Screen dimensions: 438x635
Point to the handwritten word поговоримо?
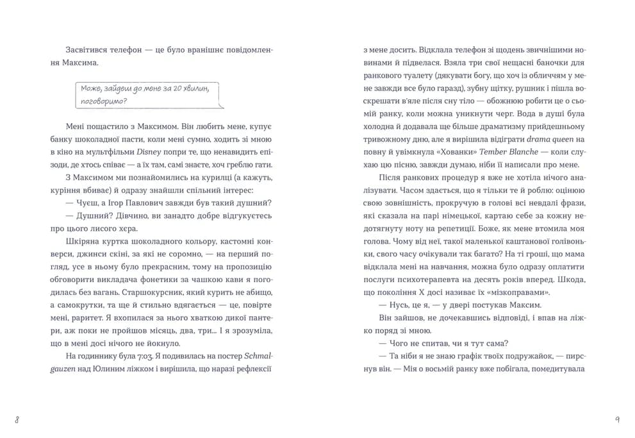click(104, 101)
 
